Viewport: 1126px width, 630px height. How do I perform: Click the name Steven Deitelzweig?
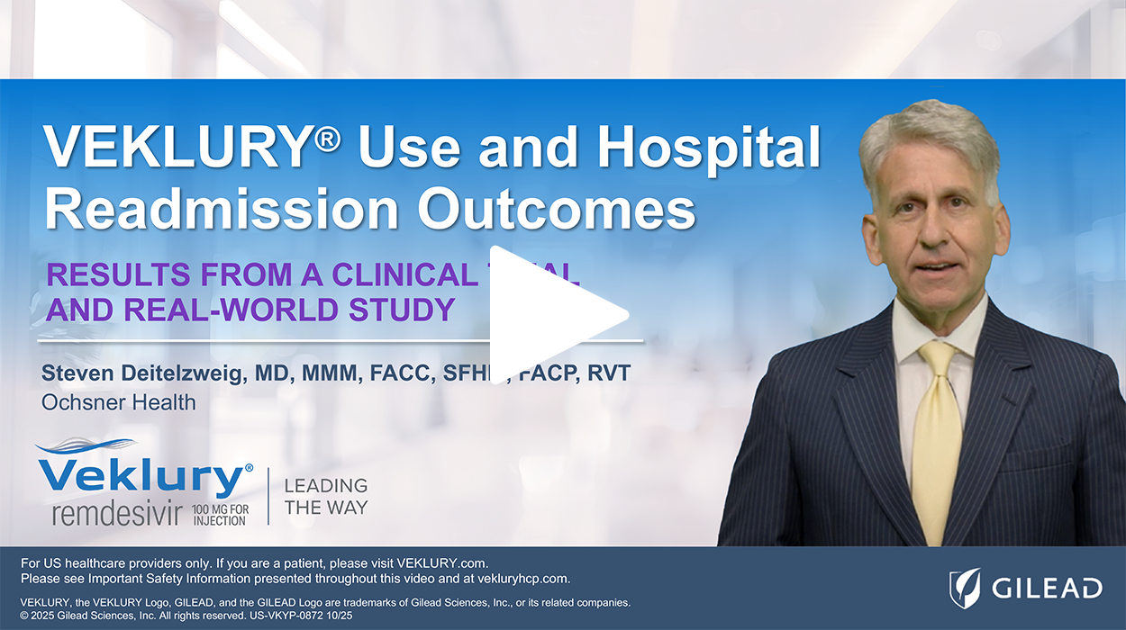pyautogui.click(x=143, y=373)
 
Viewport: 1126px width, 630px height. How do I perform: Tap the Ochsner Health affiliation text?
pyautogui.click(x=119, y=401)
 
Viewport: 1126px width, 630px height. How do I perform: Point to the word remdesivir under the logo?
pyautogui.click(x=117, y=515)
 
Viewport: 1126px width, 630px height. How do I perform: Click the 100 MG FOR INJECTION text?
pyautogui.click(x=219, y=515)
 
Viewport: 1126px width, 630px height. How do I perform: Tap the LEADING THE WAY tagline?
pyautogui.click(x=325, y=496)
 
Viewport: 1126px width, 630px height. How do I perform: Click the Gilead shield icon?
pyautogui.click(x=966, y=588)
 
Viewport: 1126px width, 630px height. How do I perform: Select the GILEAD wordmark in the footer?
pyautogui.click(x=1047, y=589)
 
